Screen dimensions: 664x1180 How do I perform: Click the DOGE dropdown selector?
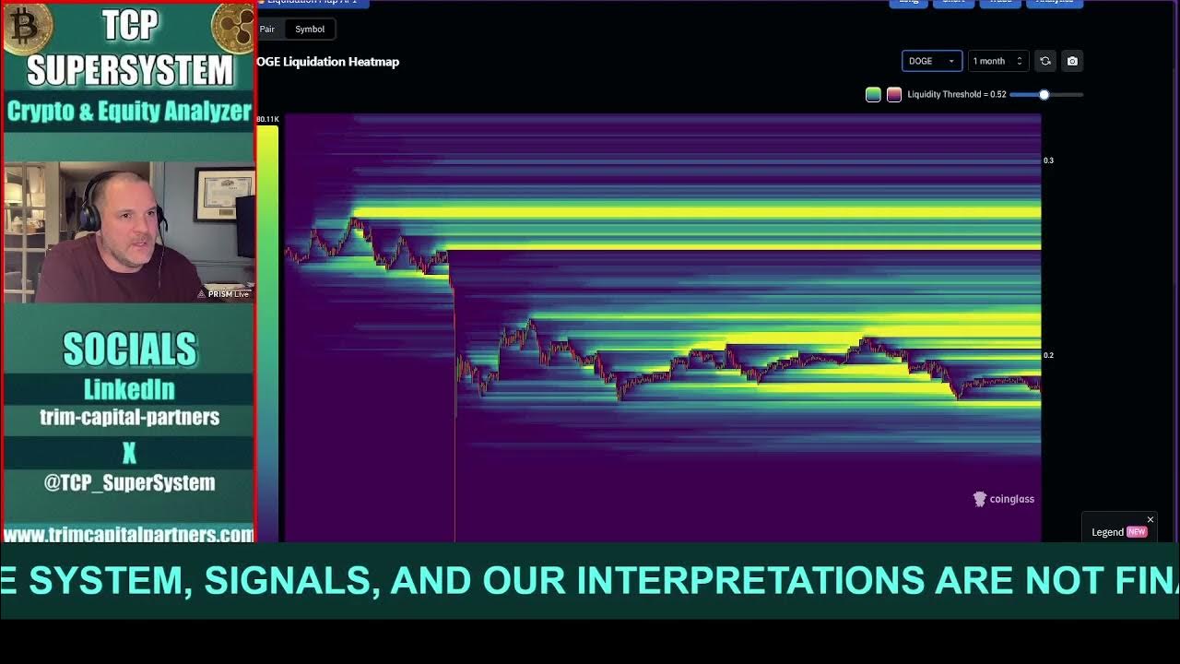[931, 61]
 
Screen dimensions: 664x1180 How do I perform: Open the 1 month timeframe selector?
[997, 61]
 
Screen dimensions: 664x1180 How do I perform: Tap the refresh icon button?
[1045, 61]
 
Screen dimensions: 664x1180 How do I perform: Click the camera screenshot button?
[1072, 61]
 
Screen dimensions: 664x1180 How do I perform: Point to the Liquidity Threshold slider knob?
[1044, 94]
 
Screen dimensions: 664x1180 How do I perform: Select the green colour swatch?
[873, 94]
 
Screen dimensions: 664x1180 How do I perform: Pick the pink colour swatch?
[893, 94]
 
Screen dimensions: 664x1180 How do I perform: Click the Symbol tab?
[310, 29]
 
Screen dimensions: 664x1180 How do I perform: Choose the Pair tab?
[266, 29]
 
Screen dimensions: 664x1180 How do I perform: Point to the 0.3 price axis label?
[1048, 160]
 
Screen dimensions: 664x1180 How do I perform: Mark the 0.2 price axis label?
[1048, 355]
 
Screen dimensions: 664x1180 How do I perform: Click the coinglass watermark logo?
[1004, 499]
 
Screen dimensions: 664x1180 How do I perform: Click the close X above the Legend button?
[1150, 520]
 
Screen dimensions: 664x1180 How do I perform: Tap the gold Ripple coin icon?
[233, 28]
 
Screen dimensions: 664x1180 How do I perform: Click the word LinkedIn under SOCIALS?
[129, 389]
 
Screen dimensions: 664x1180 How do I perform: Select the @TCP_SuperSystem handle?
[129, 482]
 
